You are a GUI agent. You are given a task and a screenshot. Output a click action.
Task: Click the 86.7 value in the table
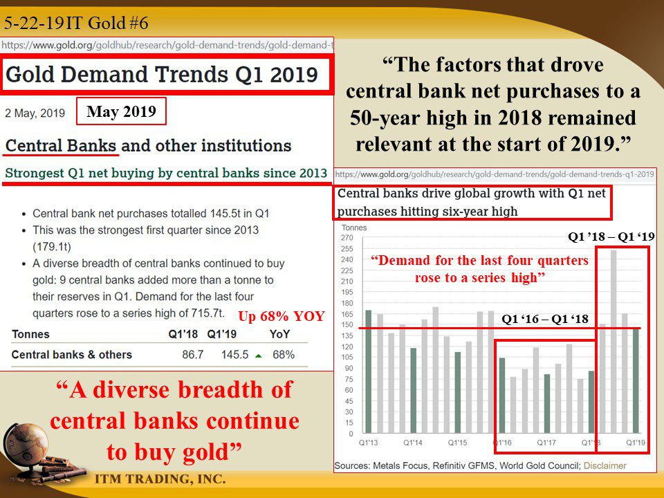193,354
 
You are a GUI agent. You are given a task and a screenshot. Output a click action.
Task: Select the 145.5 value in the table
234,354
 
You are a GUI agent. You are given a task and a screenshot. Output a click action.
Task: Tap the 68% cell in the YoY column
284,354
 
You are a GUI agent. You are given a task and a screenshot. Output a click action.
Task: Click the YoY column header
280,334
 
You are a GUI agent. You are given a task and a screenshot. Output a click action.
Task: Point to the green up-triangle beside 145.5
258,356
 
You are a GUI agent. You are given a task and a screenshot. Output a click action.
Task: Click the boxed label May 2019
121,111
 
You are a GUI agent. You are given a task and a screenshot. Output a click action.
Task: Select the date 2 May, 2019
35,113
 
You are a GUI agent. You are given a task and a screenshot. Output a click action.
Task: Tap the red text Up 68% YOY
282,316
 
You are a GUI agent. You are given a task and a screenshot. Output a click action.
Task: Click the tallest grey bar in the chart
614,341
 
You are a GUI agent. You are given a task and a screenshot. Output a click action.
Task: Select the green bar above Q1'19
636,380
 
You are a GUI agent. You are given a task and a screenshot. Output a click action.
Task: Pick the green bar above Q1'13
369,371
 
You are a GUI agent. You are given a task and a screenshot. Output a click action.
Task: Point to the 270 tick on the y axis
347,238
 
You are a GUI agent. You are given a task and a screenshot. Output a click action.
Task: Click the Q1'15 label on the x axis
457,443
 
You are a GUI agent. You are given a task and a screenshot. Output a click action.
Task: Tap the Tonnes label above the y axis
354,228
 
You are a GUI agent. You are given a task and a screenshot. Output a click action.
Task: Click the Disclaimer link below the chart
605,465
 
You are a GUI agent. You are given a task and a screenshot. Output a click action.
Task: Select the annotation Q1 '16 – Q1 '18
545,319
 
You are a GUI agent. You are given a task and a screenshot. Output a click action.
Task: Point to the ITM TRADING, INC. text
160,479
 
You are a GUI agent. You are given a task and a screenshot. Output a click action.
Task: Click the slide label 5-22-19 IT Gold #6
76,23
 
